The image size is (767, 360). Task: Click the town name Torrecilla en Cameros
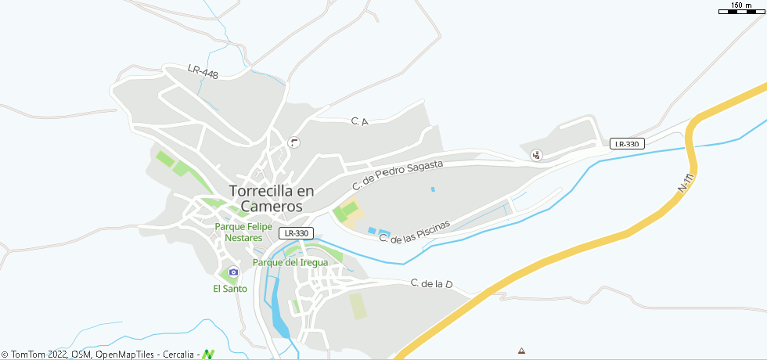click(271, 198)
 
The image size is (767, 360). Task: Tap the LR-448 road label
click(203, 71)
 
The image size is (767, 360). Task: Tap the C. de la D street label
click(432, 283)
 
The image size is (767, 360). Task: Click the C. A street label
click(359, 121)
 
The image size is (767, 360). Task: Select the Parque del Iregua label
click(290, 262)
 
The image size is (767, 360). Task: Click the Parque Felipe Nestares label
click(243, 232)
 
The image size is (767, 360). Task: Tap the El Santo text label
click(230, 289)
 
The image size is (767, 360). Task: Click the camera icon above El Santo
click(232, 272)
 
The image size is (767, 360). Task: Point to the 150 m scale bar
click(740, 9)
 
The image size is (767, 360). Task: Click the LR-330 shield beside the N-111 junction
click(628, 143)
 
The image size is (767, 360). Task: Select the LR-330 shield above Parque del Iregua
click(297, 233)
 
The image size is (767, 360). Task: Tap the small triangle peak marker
click(522, 350)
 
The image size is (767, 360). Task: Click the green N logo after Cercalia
click(208, 355)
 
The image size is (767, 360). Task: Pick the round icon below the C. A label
click(294, 142)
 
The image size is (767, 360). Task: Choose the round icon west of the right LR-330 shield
click(536, 155)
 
